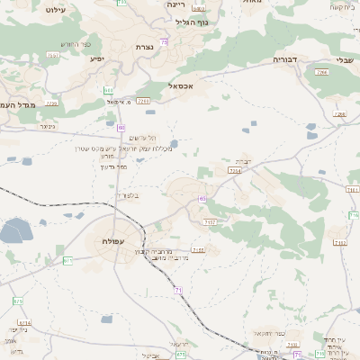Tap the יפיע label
[x=96, y=58]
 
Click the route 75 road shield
[x=163, y=41]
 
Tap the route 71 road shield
[x=178, y=290]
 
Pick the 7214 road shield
[x=235, y=169]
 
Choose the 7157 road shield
[x=210, y=221]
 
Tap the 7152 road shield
[x=197, y=250]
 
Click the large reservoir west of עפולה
[x=14, y=232]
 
